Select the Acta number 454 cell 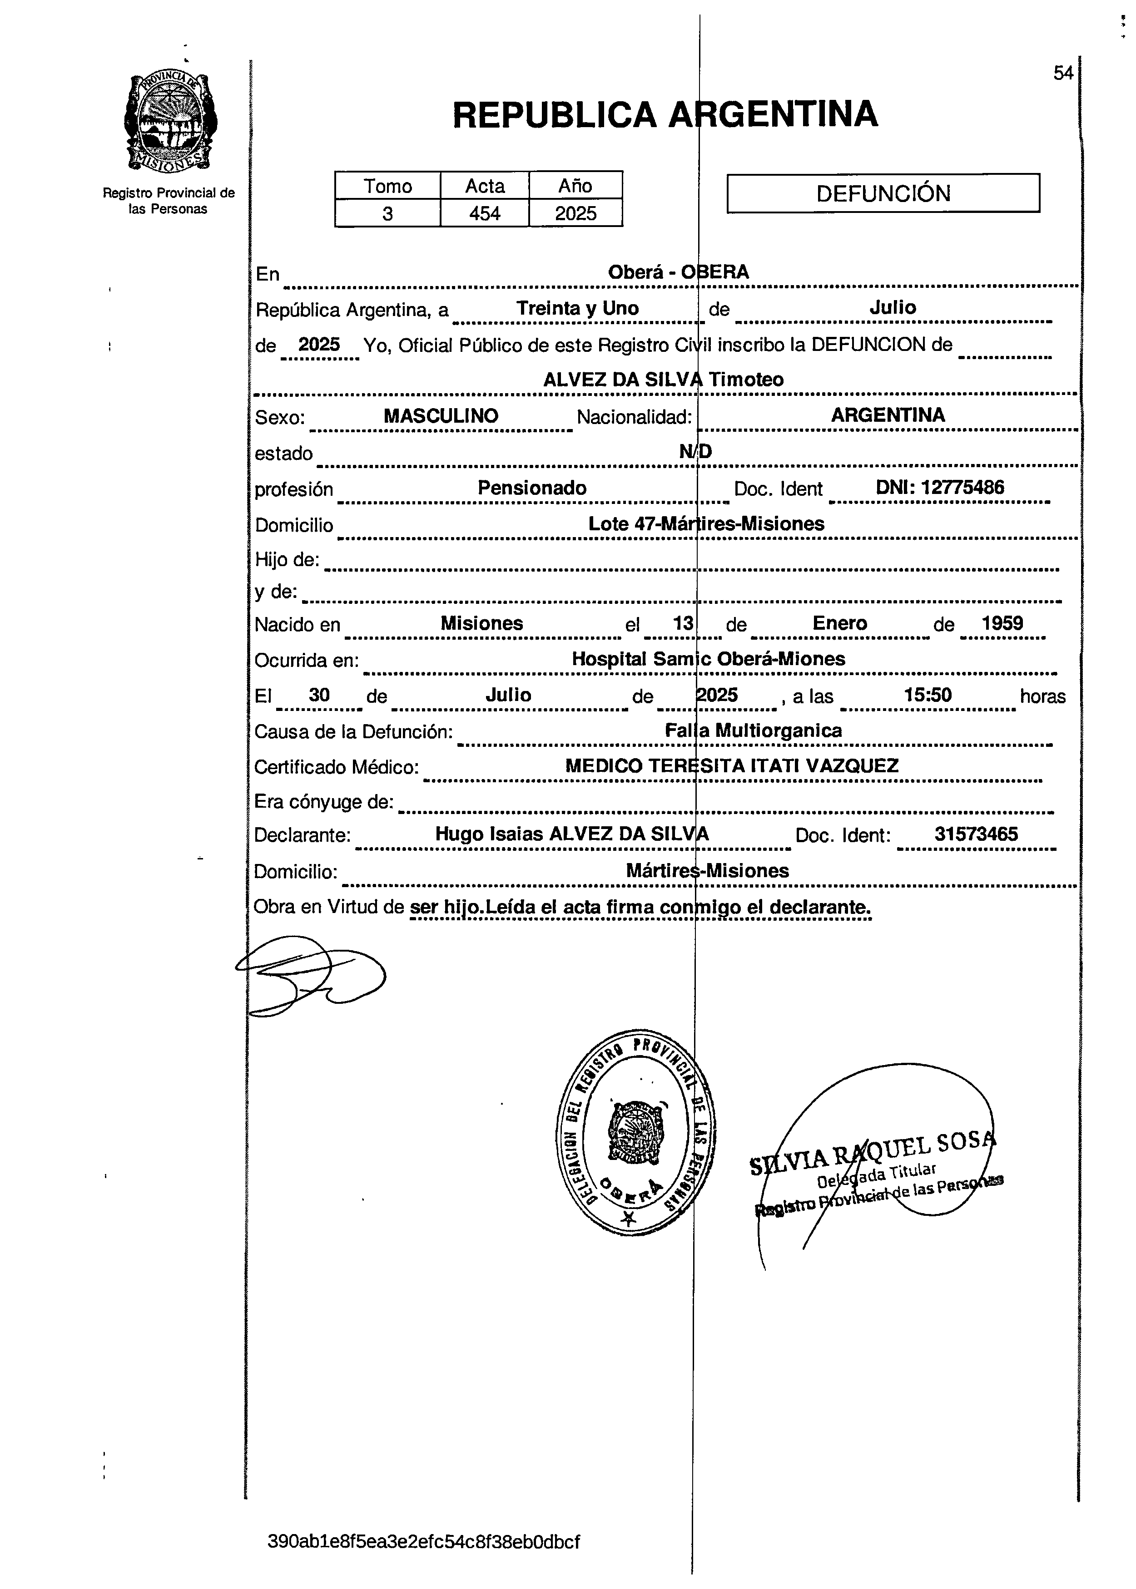tap(484, 213)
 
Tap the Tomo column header tap(387, 186)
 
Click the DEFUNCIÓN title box tap(883, 193)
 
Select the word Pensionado tap(531, 488)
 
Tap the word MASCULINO tap(441, 416)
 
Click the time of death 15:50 tap(927, 695)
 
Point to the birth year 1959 tap(1002, 623)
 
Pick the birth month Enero tap(839, 623)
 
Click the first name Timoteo tap(746, 380)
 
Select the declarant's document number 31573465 tap(976, 834)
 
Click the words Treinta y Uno tap(577, 308)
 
